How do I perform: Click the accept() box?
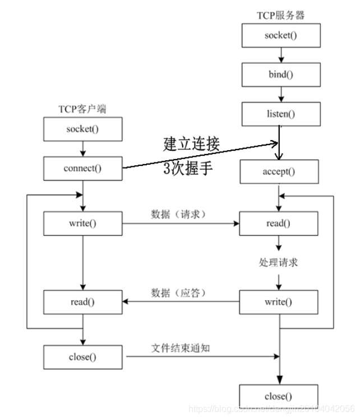tap(279, 172)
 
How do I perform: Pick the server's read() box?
tap(279, 223)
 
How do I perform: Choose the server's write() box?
tap(279, 302)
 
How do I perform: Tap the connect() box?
tap(83, 168)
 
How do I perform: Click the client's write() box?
tap(83, 223)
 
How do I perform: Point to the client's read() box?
tap(83, 302)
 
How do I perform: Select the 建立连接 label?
tap(191, 144)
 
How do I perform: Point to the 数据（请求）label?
tap(179, 215)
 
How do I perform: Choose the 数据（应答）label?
tap(179, 293)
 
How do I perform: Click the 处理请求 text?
tap(279, 262)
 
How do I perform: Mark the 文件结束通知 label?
tap(181, 347)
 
